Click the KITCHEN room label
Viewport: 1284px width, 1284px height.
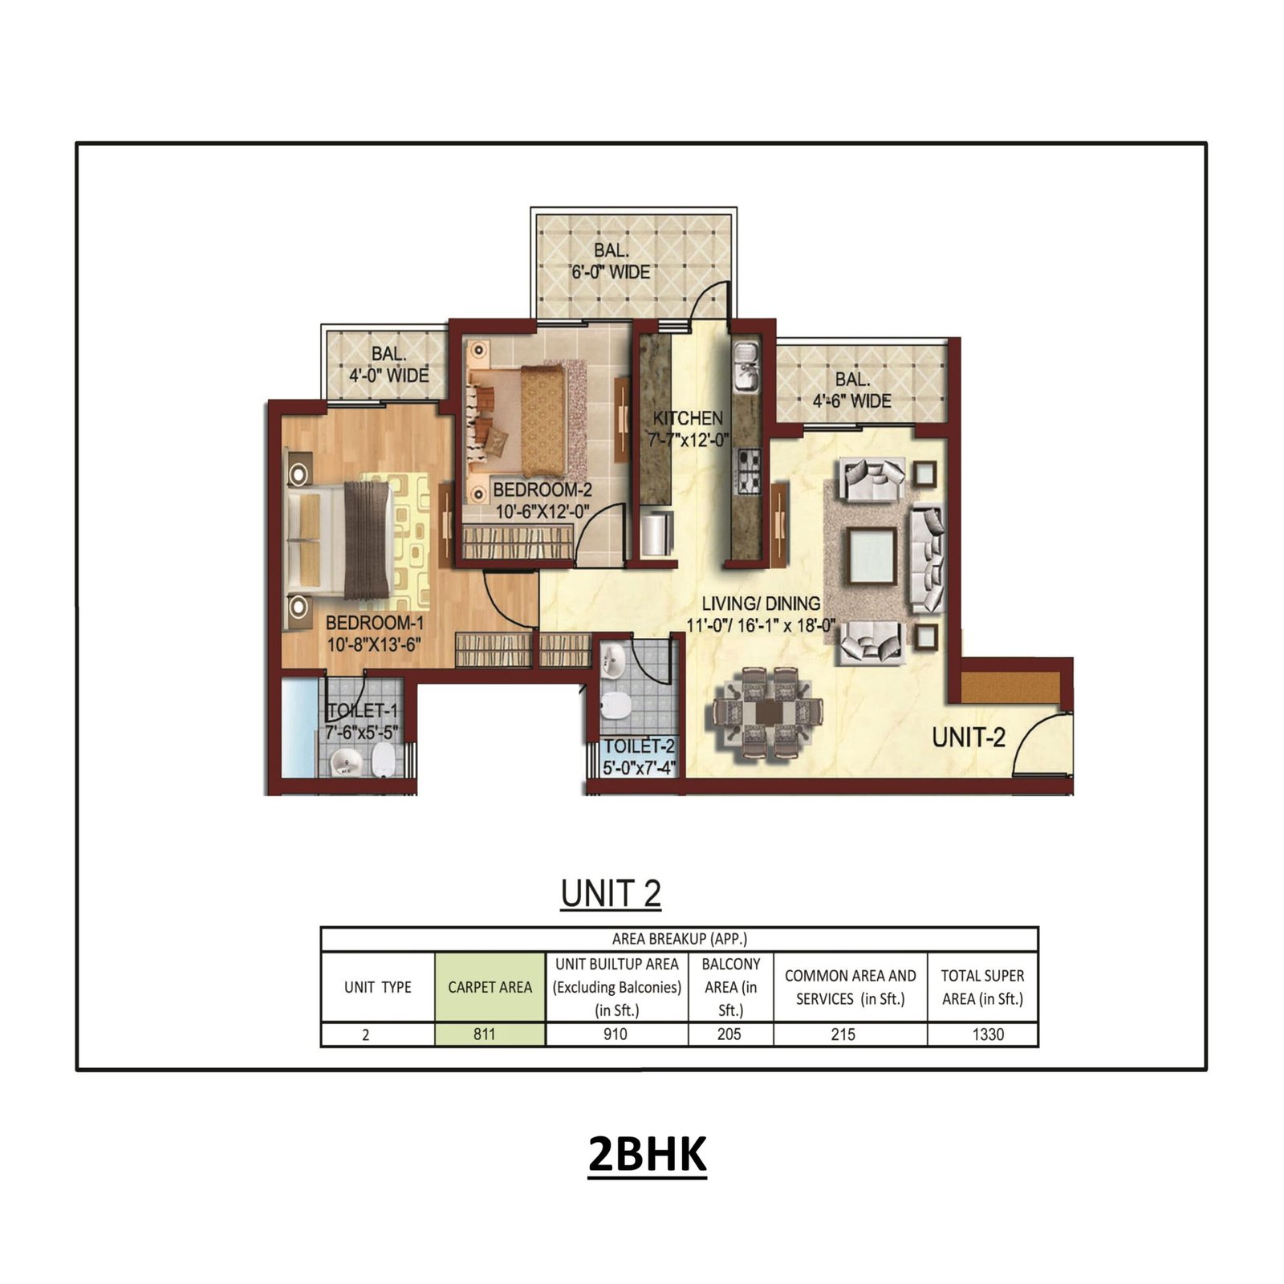tap(688, 418)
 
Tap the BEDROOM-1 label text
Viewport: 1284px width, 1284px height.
tap(374, 623)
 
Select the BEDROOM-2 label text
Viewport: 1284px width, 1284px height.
tap(542, 490)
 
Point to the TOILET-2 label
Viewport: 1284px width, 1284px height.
tap(640, 746)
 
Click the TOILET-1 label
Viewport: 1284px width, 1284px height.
tap(362, 711)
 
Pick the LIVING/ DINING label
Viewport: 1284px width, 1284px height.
tap(761, 603)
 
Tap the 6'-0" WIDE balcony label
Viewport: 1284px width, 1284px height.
tap(611, 272)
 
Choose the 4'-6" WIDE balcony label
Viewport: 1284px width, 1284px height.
tap(851, 400)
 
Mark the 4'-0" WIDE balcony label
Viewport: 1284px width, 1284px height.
tap(388, 375)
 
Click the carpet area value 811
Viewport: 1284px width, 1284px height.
tap(485, 1034)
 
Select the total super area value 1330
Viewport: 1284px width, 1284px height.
tap(988, 1034)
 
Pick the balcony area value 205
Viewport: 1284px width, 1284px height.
tap(729, 1034)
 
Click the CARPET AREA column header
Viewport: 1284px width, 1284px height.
tap(490, 987)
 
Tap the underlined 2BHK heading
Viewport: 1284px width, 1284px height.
tap(647, 1155)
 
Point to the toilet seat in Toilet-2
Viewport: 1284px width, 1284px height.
tap(616, 706)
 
